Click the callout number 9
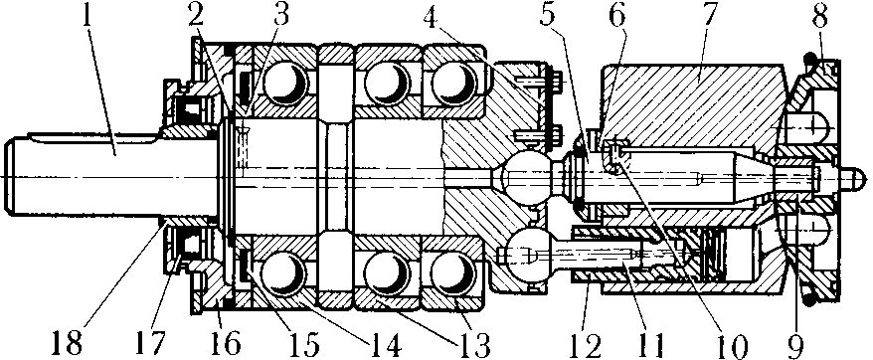pos(795,344)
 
